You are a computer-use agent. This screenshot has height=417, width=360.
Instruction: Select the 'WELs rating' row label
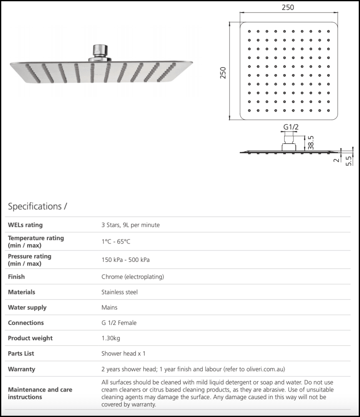click(x=25, y=225)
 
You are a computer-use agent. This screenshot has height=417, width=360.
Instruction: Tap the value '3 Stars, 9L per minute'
click(x=130, y=225)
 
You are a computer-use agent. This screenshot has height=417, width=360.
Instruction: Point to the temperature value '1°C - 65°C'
click(x=116, y=242)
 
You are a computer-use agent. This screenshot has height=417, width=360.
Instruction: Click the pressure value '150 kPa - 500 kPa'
click(x=125, y=260)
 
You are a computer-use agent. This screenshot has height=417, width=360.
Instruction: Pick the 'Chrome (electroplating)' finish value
click(x=132, y=277)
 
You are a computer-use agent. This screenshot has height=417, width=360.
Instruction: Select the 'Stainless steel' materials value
click(x=119, y=292)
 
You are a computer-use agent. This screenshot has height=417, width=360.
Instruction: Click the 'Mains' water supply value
click(x=109, y=308)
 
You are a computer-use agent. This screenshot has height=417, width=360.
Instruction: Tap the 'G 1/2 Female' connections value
click(x=119, y=323)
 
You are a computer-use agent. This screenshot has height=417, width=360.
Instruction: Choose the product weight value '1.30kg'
click(x=110, y=338)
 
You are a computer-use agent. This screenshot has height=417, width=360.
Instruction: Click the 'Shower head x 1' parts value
click(x=123, y=354)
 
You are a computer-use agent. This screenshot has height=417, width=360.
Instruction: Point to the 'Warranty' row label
click(x=22, y=369)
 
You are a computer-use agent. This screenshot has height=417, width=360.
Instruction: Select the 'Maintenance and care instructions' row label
click(x=40, y=393)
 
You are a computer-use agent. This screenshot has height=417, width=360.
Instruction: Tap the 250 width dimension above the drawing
click(x=288, y=8)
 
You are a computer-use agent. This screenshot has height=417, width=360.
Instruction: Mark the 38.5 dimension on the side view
click(x=310, y=142)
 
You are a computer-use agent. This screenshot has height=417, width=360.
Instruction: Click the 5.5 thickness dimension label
click(x=349, y=161)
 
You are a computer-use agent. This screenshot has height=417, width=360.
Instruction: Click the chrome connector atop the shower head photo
click(x=99, y=51)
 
